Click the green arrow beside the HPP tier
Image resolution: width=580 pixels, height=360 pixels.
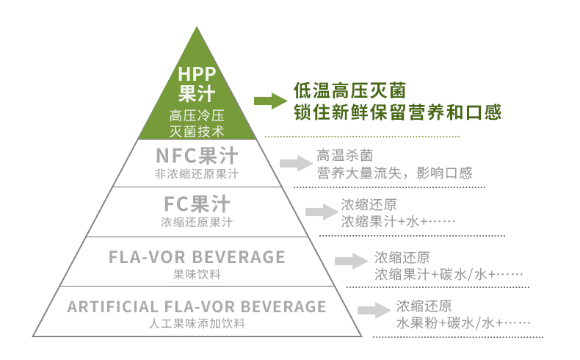tap(270, 101)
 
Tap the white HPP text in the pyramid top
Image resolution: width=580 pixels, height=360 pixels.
tap(197, 74)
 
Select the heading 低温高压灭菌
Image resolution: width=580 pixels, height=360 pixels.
tap(350, 90)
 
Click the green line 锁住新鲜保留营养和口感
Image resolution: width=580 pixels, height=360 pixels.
tap(398, 112)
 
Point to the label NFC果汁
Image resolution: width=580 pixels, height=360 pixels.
tap(197, 156)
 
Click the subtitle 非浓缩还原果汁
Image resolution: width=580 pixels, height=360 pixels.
tap(197, 174)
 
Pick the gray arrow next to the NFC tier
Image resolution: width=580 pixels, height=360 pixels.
tap(297, 163)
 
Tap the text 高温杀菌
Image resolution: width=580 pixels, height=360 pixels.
tap(345, 156)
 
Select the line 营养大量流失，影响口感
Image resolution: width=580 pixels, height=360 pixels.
tap(394, 173)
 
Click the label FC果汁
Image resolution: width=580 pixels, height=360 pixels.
tap(197, 204)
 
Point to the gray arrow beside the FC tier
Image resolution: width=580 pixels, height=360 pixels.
tap(322, 212)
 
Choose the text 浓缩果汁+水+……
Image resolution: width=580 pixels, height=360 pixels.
tap(398, 222)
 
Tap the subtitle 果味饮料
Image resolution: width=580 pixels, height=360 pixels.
tap(197, 275)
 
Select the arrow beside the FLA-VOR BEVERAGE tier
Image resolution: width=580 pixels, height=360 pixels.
tap(352, 262)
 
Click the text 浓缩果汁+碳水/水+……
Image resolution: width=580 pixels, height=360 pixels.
tap(449, 275)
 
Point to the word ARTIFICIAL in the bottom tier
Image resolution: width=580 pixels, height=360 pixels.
tap(113, 306)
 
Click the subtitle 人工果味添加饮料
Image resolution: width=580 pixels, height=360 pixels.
tap(197, 324)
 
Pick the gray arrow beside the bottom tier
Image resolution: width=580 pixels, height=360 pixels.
tap(374, 310)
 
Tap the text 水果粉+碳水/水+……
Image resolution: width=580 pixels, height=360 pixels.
tap(463, 323)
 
